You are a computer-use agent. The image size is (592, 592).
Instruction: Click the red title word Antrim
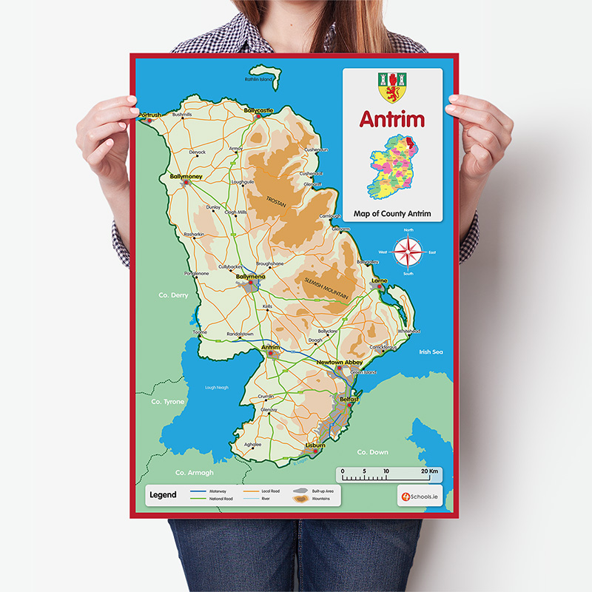(x=392, y=119)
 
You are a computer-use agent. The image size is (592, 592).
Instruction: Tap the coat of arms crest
(x=392, y=87)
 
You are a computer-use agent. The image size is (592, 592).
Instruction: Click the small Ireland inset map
(x=392, y=167)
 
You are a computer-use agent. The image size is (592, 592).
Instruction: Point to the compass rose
(x=408, y=252)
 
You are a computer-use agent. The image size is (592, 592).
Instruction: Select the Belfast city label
(x=349, y=400)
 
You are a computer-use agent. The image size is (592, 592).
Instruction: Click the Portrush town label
(x=149, y=115)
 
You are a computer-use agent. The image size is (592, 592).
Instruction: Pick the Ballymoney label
(x=186, y=177)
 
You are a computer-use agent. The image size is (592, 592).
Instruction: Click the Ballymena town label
(x=250, y=276)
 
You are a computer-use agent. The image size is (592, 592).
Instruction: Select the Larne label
(x=380, y=281)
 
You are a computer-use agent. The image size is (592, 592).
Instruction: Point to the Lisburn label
(x=314, y=445)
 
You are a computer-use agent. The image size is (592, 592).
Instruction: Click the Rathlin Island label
(x=259, y=79)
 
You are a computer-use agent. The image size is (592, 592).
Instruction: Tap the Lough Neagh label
(x=217, y=387)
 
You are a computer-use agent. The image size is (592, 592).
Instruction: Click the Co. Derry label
(x=174, y=295)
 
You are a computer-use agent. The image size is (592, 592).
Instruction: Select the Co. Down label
(x=372, y=451)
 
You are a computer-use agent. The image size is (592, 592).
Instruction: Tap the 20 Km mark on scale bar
(x=428, y=471)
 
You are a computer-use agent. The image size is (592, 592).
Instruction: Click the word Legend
(x=163, y=494)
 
